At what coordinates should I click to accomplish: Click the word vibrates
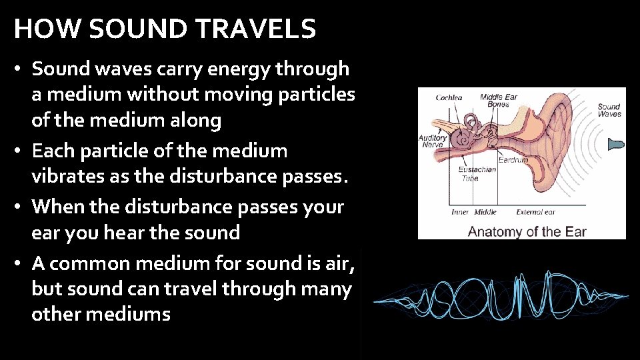[x=65, y=177]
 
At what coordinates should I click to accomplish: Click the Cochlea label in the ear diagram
[x=448, y=98]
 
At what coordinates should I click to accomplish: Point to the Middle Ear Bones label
[x=499, y=101]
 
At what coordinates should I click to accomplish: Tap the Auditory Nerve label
[x=432, y=141]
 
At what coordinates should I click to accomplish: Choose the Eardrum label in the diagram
[x=513, y=160]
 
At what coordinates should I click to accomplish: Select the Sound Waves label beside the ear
[x=609, y=110]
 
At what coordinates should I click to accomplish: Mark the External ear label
[x=535, y=213]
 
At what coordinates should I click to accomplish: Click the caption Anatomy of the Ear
[x=527, y=232]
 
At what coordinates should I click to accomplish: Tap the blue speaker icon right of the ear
[x=617, y=144]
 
